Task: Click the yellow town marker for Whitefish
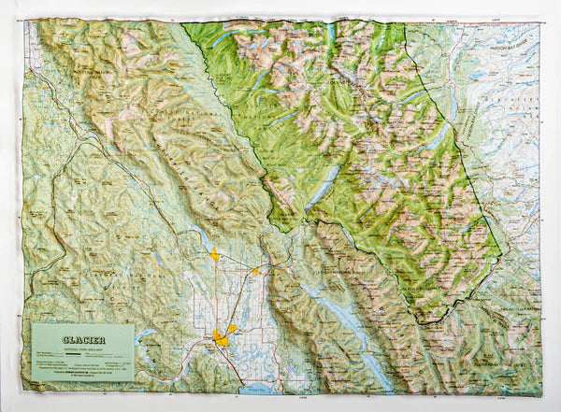(215, 253)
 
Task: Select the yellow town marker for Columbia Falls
(255, 271)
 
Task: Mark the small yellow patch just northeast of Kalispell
(232, 329)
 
